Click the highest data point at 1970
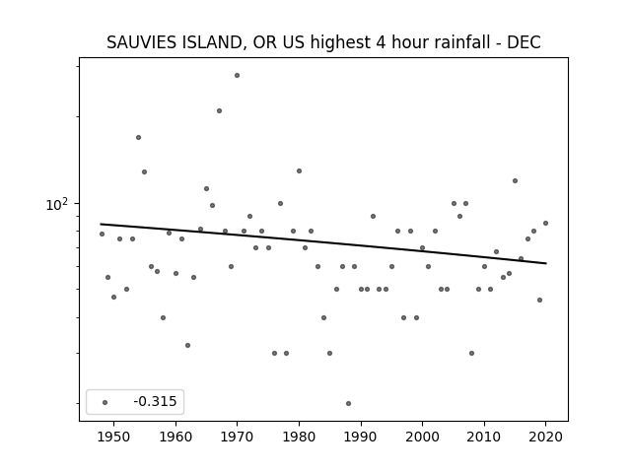237,75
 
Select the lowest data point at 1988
348,403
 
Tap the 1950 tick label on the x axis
114,437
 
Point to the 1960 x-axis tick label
175,437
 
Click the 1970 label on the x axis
238,437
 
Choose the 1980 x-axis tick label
299,437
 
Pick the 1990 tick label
361,437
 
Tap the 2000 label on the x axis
423,437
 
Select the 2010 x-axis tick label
484,437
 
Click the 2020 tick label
545,437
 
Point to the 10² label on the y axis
57,204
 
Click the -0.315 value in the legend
155,401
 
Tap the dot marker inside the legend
105,402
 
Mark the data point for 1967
219,111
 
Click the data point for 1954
138,138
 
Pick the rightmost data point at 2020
545,224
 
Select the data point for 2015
515,181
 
